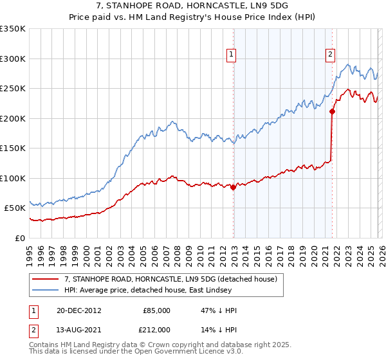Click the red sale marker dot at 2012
[233, 187]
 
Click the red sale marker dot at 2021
[332, 111]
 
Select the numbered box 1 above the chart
[230, 55]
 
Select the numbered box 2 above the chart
[329, 55]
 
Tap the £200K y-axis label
[13, 118]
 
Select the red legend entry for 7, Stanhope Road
[170, 279]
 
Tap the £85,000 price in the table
[156, 310]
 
